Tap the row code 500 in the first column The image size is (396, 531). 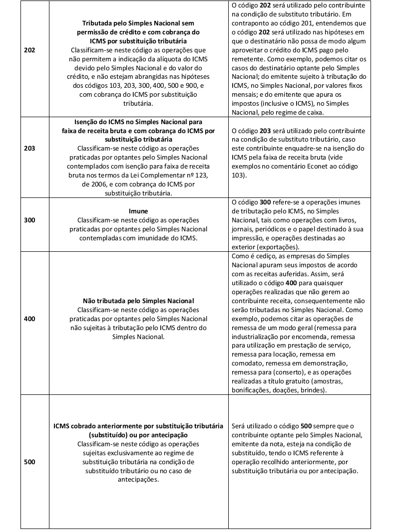pos(29,462)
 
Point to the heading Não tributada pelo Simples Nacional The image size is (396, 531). pos(138,301)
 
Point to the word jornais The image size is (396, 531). pos(244,229)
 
